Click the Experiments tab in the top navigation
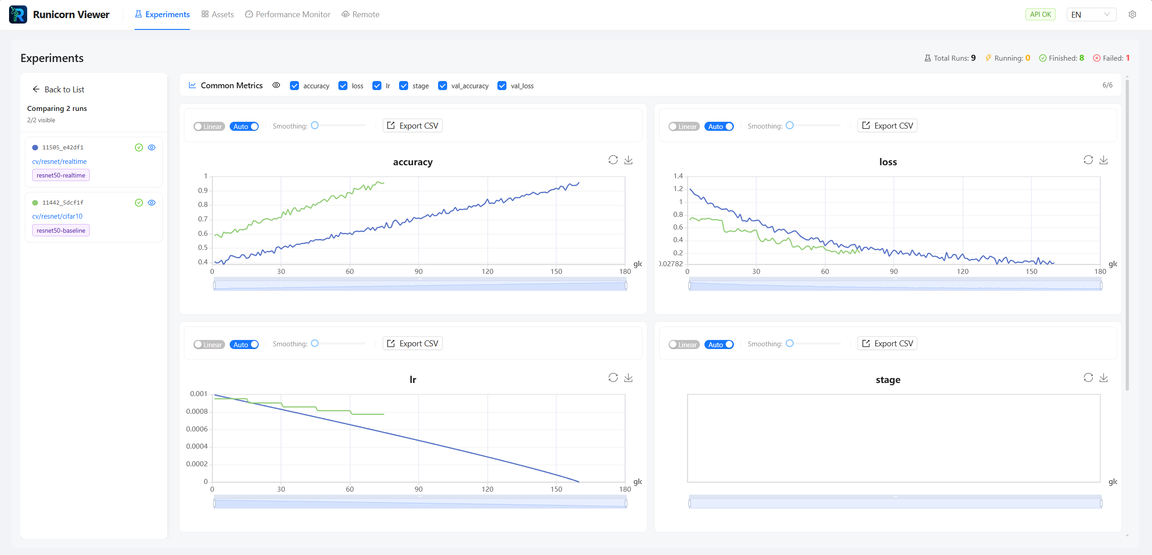pos(162,14)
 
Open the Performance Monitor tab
pos(288,14)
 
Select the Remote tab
pos(361,14)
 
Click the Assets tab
pos(218,14)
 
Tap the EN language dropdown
pos(1091,14)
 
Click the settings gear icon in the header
pos(1132,14)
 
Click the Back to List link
pos(58,90)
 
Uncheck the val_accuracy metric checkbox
pos(443,86)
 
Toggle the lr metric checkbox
pos(377,86)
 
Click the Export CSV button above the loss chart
pos(887,126)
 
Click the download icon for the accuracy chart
pos(628,160)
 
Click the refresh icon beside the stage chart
pos(1088,378)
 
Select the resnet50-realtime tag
pos(61,175)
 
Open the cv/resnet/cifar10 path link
pos(57,216)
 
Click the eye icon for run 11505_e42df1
pos(152,148)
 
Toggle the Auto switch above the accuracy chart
pos(244,127)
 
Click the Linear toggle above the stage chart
pos(684,344)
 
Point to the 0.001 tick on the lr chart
pos(198,394)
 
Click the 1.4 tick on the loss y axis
pos(678,176)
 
